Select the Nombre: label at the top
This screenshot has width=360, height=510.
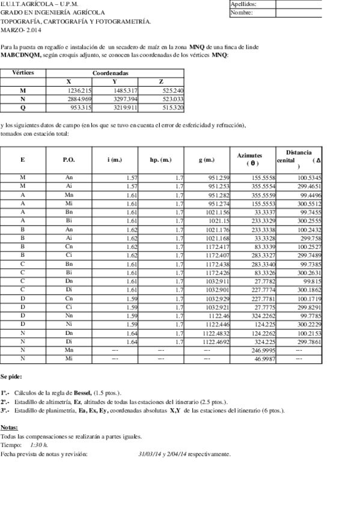click(x=242, y=12)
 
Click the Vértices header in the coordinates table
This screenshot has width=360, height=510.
click(x=23, y=72)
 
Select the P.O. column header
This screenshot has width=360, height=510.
click(x=69, y=160)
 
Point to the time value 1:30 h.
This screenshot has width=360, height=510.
click(x=38, y=444)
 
